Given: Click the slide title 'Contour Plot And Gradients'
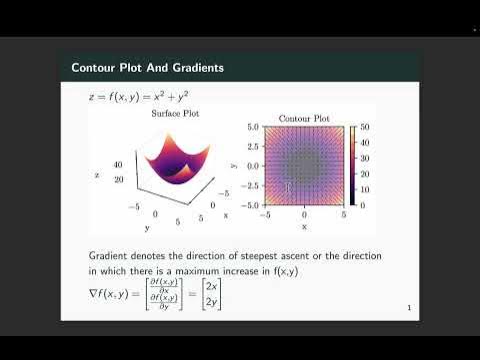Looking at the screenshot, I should (147, 68).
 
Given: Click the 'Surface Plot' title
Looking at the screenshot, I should (175, 113).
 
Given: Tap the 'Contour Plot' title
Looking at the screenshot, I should (303, 118).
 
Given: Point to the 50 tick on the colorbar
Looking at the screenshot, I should (365, 128).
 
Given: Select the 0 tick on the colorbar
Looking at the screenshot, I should (362, 204).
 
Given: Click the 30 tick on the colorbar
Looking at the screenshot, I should (365, 158).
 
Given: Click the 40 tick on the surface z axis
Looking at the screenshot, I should (118, 164).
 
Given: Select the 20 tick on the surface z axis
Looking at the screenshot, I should (118, 180).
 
